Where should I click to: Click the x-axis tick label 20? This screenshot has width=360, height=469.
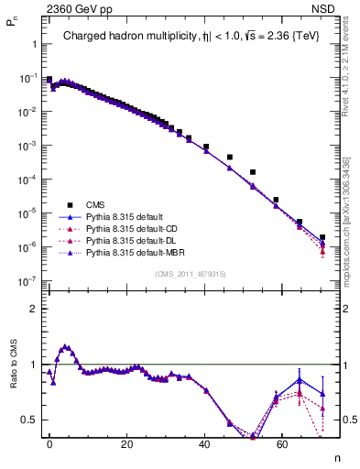126,443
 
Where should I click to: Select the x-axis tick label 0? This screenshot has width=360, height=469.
49,443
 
